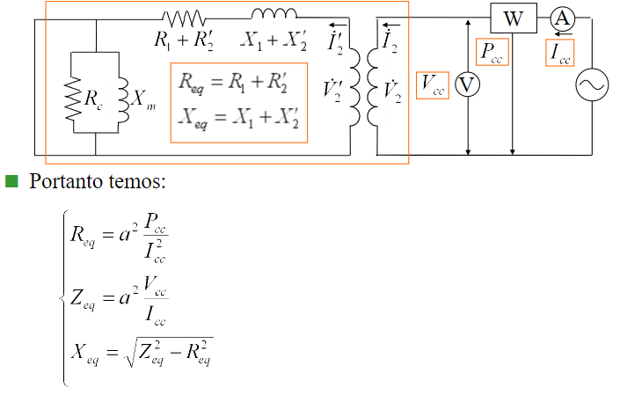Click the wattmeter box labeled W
513,18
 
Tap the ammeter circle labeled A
561,18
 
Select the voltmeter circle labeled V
469,84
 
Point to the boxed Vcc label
432,84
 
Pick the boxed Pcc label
491,50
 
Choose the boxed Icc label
560,52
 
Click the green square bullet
11,182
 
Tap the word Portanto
64,183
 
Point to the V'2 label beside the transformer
334,89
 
